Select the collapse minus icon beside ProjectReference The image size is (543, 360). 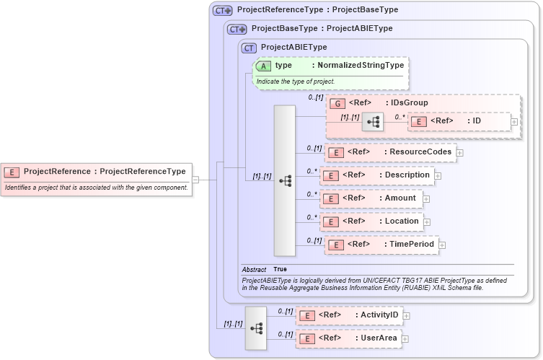195,180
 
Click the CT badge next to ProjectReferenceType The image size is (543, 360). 222,11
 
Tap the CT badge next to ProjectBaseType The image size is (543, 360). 237,29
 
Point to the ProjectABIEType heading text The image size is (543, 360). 293,48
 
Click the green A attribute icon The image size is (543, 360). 263,66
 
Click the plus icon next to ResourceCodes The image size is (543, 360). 459,152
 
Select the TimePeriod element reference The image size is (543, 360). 381,245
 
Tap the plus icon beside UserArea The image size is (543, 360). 405,338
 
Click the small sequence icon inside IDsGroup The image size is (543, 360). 373,122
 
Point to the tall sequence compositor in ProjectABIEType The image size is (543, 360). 285,180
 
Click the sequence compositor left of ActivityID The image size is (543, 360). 256,328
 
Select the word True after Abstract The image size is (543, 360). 281,269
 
